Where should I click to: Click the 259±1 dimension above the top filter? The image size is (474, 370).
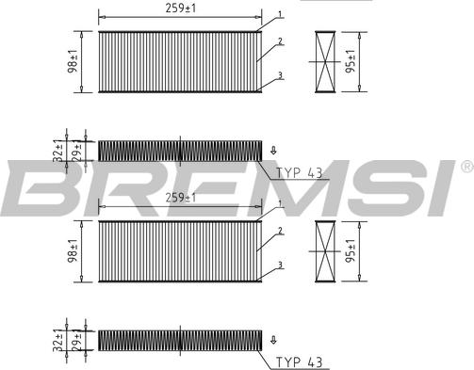pos(180,8)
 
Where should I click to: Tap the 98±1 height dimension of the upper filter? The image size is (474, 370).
pos(73,61)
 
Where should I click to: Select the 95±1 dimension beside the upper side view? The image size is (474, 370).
pos(351,61)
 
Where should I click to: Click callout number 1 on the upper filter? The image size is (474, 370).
pos(280,14)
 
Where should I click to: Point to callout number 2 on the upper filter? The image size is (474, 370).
pos(280,41)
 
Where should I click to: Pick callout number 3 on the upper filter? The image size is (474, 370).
pos(280,75)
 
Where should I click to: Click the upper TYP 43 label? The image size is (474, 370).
pos(300,173)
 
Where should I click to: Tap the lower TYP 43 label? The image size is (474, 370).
pos(300,362)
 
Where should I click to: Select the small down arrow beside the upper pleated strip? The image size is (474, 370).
pos(273,151)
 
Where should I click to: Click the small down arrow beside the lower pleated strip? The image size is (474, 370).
pos(273,340)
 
